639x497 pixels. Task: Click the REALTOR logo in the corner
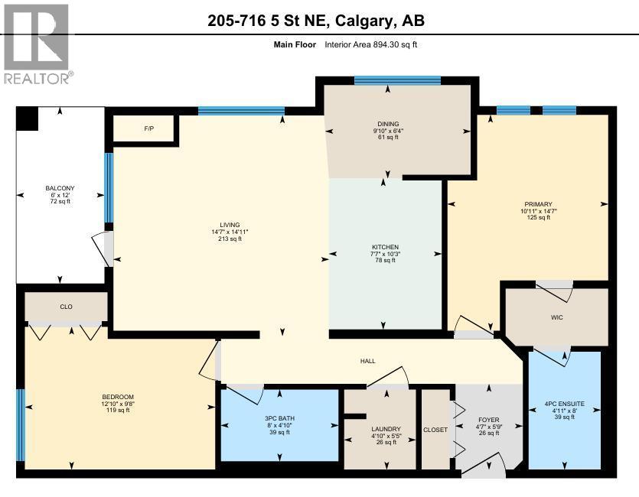point(36,43)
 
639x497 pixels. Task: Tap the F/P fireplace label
point(148,128)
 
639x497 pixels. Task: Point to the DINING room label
point(387,124)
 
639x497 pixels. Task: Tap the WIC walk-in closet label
point(556,317)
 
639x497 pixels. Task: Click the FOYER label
point(488,419)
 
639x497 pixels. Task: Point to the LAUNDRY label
point(380,429)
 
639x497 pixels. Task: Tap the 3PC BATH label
point(279,419)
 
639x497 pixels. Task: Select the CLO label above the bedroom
point(67,307)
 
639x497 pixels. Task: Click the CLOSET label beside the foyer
point(435,430)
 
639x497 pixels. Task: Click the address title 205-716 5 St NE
point(315,21)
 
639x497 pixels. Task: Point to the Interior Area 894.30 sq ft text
point(370,44)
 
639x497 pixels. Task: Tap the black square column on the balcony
point(28,119)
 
